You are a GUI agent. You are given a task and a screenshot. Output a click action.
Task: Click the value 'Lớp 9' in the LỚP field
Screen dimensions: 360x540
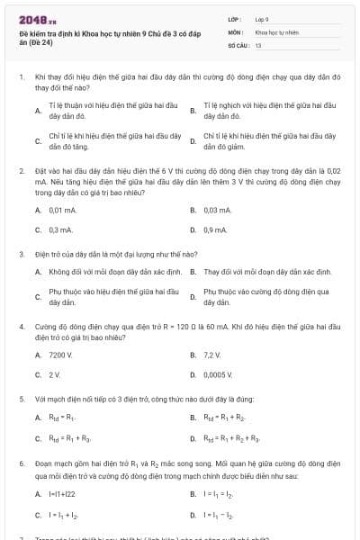click(x=262, y=18)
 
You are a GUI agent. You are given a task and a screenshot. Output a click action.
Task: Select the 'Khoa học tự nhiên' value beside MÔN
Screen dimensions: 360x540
click(x=275, y=31)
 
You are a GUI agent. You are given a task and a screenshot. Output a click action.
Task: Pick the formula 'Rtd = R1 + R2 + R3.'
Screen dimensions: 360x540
click(x=232, y=438)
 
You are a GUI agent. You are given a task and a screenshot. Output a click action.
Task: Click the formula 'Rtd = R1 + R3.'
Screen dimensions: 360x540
click(x=70, y=438)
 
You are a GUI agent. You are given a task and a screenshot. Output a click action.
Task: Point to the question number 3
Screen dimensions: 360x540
click(x=21, y=255)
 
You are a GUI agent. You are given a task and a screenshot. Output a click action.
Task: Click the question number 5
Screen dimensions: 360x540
click(x=21, y=398)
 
